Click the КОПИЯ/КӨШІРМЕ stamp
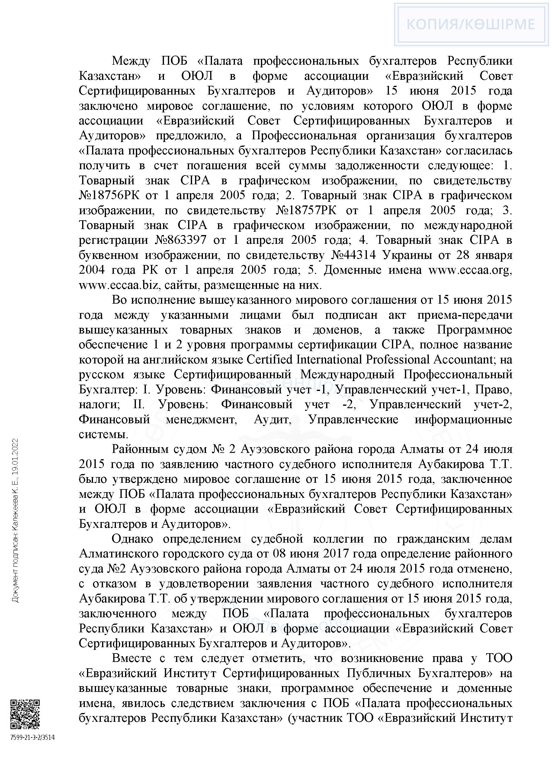coord(471,24)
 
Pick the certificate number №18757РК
coord(306,211)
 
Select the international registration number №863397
coord(181,240)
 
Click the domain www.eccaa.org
coord(470,270)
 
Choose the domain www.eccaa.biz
coord(119,285)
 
